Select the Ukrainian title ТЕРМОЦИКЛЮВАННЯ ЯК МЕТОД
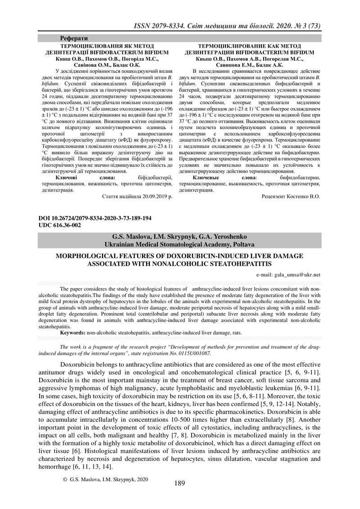coord(107,46)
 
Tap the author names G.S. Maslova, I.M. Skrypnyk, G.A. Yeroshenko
coord(179,237)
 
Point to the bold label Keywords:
coord(73,333)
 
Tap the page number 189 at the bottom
coord(179,483)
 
